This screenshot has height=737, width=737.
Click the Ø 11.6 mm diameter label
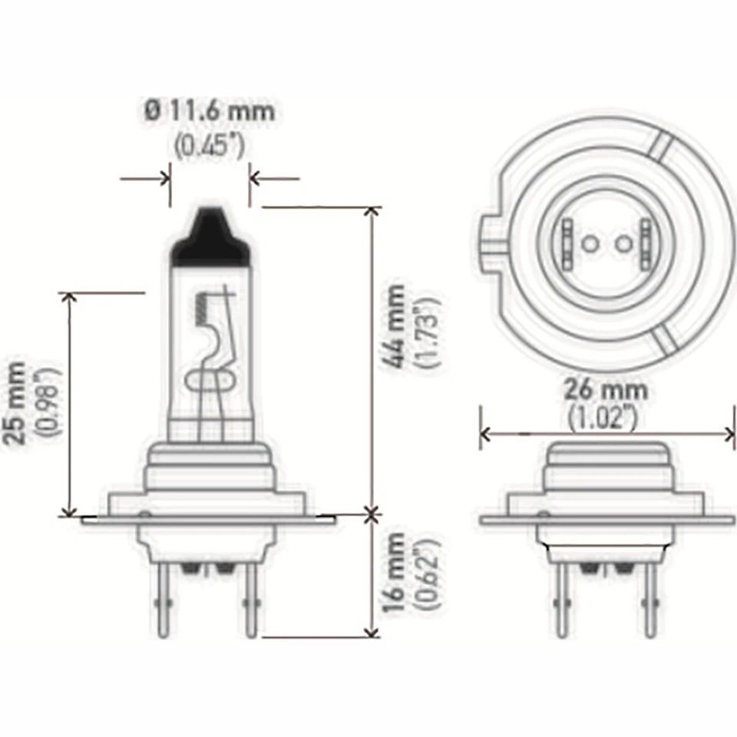coord(209,111)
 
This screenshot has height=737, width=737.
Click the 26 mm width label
coord(606,390)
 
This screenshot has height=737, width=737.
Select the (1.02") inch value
coord(606,418)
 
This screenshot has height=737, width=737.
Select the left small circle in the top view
coord(590,244)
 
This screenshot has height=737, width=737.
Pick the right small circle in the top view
coord(624,244)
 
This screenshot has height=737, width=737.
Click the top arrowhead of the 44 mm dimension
coord(372,212)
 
